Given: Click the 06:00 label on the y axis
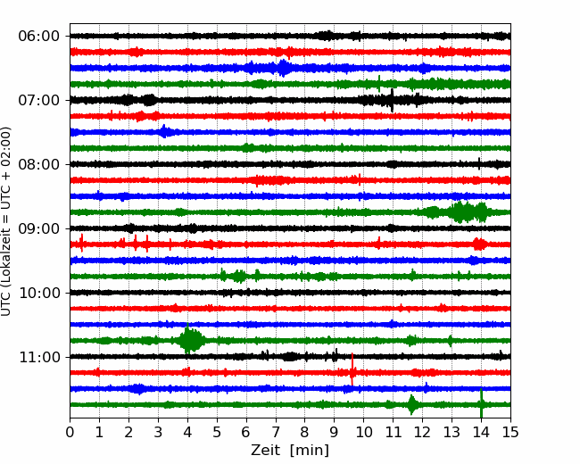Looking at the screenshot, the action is click(39, 37).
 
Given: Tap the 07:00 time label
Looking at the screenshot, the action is click(39, 100).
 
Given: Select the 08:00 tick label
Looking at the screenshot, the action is click(39, 164).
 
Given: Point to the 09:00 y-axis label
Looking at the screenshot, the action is click(39, 228).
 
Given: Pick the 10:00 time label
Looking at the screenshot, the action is click(39, 293).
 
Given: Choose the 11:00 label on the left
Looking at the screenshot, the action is click(39, 357).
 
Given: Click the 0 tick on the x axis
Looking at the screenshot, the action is click(70, 432).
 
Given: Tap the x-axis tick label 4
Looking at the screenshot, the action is click(187, 432).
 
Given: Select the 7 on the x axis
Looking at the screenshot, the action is click(276, 432).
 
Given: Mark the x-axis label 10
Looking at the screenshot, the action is click(364, 432).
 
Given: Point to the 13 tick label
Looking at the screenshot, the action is click(452, 432).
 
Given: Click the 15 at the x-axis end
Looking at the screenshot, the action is click(510, 432).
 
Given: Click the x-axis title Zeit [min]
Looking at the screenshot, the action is click(290, 451).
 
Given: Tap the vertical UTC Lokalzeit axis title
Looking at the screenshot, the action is click(6, 221).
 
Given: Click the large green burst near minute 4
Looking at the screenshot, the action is click(190, 340).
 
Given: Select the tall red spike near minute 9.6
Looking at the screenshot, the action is click(352, 369).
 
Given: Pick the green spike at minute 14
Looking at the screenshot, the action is click(481, 403).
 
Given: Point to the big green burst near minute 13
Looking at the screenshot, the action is click(459, 212).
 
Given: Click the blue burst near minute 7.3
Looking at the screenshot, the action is click(283, 68).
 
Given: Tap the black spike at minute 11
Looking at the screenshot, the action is click(392, 100).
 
